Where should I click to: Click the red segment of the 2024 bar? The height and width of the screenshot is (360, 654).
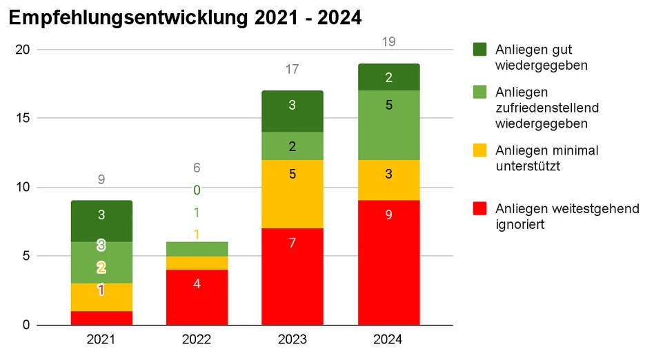388,262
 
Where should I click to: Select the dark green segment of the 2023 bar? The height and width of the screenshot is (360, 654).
293,111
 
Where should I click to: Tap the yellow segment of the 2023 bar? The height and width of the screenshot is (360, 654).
293,194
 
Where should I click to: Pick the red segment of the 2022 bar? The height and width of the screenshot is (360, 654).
197,297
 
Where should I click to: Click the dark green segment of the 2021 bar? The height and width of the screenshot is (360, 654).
101,221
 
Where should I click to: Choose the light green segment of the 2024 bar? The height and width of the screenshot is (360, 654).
388,125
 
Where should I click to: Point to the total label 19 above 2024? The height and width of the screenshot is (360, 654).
388,41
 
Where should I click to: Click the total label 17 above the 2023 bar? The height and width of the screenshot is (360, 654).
293,69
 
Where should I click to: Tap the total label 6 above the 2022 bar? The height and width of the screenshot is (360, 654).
197,168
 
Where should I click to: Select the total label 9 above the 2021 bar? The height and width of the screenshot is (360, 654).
101,179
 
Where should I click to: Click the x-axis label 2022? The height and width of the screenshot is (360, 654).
197,339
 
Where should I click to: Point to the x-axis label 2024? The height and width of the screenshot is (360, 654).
388,339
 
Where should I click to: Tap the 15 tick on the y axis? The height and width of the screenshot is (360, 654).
23,118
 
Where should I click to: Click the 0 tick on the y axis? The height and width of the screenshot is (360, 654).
26,325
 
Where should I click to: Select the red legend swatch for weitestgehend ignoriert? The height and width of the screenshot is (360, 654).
479,208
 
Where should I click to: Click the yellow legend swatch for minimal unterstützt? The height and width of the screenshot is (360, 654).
479,150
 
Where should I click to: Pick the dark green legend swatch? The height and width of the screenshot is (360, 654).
479,49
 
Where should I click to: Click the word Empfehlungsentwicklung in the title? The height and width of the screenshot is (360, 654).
128,18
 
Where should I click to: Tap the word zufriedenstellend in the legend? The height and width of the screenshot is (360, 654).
547,108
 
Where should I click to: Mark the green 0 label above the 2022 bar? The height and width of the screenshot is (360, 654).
197,190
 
